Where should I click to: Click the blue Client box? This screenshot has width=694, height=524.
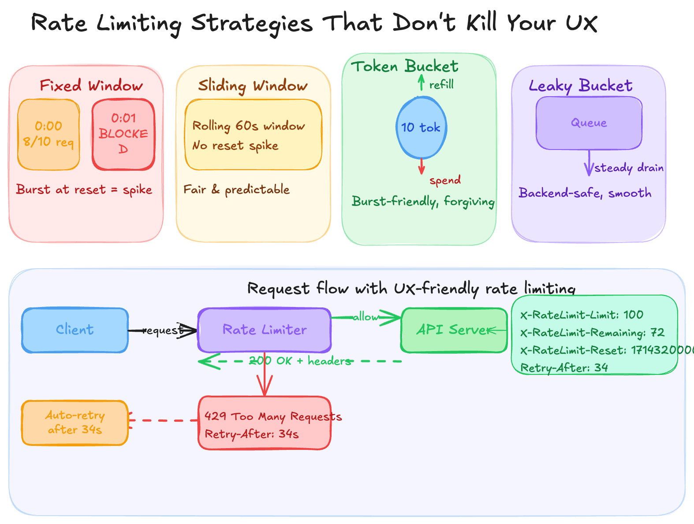point(75,330)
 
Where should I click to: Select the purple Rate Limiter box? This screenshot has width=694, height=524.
point(265,330)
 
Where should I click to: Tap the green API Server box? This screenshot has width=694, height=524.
point(454,330)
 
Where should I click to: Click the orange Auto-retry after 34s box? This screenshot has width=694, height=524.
point(75,423)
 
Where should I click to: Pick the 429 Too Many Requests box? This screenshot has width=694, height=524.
point(265,423)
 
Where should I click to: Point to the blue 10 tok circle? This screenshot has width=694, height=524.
point(421,127)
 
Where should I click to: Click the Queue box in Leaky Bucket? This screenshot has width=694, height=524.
point(589,123)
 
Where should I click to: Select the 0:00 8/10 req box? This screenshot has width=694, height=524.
point(49,134)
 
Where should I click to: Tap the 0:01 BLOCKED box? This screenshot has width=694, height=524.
point(123,134)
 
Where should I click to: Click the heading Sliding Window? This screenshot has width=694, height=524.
point(253,86)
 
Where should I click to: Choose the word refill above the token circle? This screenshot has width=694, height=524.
point(441,85)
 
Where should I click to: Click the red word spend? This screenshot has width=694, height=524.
point(445,180)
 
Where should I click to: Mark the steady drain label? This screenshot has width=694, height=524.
point(629,168)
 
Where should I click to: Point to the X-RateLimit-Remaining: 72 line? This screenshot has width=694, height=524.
point(592,333)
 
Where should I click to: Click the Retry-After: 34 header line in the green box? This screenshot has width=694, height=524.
point(564,368)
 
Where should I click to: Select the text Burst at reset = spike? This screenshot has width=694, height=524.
point(84,190)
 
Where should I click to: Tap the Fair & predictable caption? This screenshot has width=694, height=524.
point(237,190)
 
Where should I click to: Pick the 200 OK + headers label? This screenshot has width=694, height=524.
point(300,361)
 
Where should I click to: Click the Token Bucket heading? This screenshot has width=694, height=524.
point(405,66)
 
